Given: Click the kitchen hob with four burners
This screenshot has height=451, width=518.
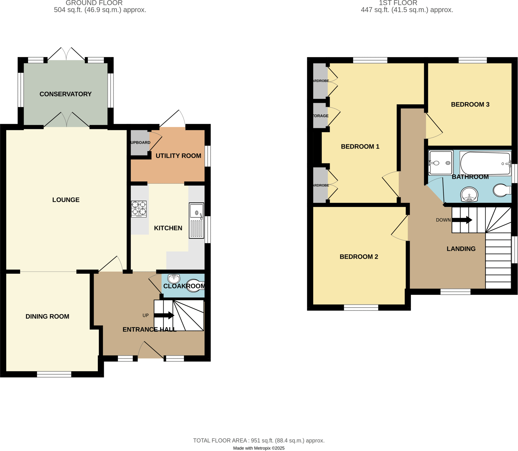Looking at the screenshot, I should coord(139,209).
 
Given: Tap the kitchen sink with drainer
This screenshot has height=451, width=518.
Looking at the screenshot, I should coord(196,220).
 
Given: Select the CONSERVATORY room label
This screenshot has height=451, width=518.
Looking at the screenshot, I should coord(66,94).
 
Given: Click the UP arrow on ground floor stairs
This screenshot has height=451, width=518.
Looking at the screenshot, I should coord(164,315).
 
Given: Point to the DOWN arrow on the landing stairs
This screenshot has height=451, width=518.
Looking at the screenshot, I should coord(462,220).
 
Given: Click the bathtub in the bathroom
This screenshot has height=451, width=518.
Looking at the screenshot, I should coord(485,164).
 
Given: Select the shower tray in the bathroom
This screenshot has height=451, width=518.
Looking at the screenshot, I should coord(441,163).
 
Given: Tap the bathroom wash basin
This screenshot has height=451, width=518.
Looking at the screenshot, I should coord(469,194).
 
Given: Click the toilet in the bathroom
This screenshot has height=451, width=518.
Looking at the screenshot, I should coord(502,190).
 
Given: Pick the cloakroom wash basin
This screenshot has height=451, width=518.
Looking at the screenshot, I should coord(174,279).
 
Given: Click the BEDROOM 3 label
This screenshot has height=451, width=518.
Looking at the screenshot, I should coord(470,104).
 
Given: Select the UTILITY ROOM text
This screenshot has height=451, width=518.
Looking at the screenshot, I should coord(178,156).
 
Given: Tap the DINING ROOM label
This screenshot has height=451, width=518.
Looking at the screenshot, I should coord(47,316).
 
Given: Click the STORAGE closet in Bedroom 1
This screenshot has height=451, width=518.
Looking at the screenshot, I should coord(320,116).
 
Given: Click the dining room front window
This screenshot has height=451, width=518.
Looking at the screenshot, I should coord(54,374).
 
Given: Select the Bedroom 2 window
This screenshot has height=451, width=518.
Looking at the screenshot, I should coord(361,307).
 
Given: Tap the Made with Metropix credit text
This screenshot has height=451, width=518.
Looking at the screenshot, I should coord(258,448).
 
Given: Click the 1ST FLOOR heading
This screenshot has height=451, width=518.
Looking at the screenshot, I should coord(398,3).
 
